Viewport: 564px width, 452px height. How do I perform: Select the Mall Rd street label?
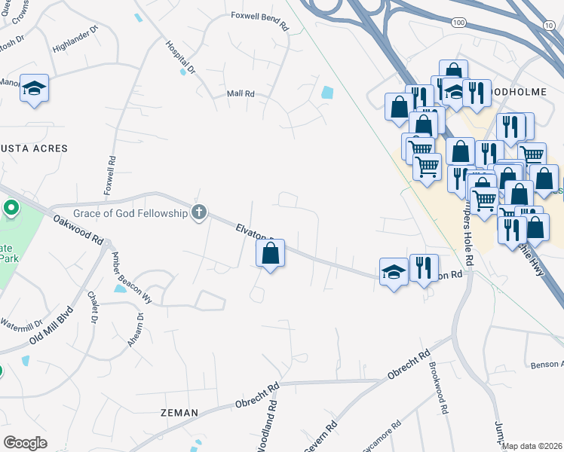point(241,94)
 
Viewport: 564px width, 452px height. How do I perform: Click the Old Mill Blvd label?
point(50,325)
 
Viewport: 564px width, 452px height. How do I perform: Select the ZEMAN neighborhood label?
point(179,413)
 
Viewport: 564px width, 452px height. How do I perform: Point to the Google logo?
point(25,443)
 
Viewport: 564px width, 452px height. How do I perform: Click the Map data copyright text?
point(532,446)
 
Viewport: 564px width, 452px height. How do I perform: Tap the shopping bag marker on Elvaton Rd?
point(271,253)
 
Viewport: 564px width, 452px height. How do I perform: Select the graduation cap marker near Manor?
point(34,88)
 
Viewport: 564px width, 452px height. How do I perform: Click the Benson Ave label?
point(547,365)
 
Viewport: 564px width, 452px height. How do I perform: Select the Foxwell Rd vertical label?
point(111,173)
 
